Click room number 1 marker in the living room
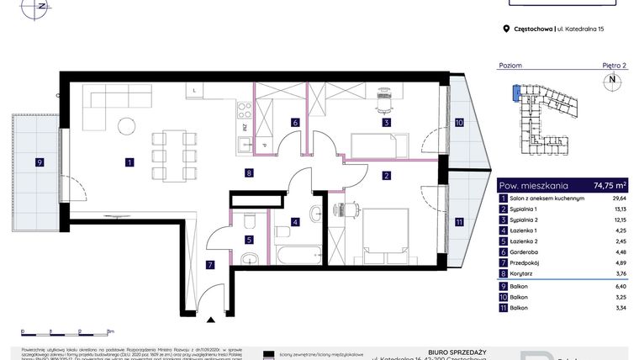pos(129,161)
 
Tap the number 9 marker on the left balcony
pos(39,161)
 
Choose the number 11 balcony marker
pos(458,222)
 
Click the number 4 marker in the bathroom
pos(295,222)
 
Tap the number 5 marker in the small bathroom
pos(250,240)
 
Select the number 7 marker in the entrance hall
pos(210,264)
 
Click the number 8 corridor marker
pos(250,174)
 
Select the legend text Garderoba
pos(528,251)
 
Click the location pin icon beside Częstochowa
pos(506,29)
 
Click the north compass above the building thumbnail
pos(611,82)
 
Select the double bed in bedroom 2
pos(386,229)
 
